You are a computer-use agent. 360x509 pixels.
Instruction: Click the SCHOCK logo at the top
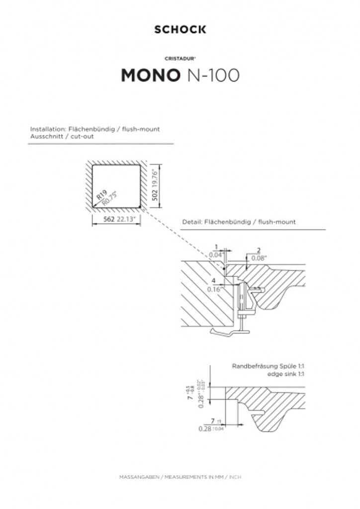[x=180, y=30]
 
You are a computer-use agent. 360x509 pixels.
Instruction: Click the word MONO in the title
[x=151, y=75]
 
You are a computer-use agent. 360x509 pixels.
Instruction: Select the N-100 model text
[x=212, y=75]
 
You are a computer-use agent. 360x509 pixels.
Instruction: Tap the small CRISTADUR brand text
[x=180, y=59]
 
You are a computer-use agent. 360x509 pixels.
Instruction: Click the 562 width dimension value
[x=109, y=219]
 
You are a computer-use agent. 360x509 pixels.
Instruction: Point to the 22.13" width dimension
[x=127, y=219]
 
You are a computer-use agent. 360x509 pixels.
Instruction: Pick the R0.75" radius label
[x=109, y=198]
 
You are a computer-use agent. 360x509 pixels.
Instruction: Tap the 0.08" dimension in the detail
[x=259, y=258]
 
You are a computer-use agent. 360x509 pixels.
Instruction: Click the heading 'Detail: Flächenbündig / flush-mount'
[x=239, y=222]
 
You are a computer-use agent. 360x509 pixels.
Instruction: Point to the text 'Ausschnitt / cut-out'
[x=58, y=136]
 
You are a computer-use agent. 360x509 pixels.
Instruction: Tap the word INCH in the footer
[x=236, y=477]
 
